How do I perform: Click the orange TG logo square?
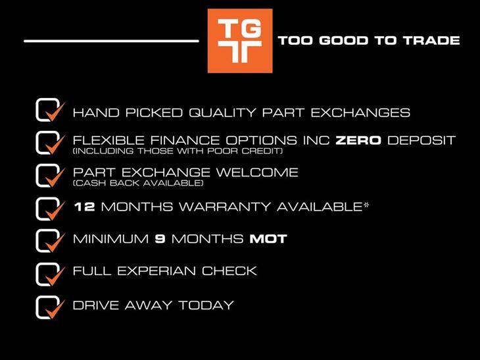pyautogui.click(x=240, y=41)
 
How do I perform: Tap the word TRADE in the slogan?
pyautogui.click(x=431, y=40)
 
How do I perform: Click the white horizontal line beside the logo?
pyautogui.click(x=111, y=41)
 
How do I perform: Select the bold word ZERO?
pyautogui.click(x=358, y=140)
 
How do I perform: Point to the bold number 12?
pyautogui.click(x=84, y=207)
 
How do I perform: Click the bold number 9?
pyautogui.click(x=160, y=239)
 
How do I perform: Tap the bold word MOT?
pyautogui.click(x=268, y=239)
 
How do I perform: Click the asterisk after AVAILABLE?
pyautogui.click(x=366, y=205)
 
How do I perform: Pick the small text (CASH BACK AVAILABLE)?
pyautogui.click(x=138, y=183)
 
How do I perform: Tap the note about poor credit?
pyautogui.click(x=178, y=151)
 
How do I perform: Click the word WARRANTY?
pyautogui.click(x=225, y=207)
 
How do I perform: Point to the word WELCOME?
pyautogui.click(x=257, y=172)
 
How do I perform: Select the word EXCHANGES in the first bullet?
pyautogui.click(x=360, y=113)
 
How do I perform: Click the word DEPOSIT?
pyautogui.click(x=421, y=140)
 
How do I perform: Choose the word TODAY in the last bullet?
pyautogui.click(x=206, y=305)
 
